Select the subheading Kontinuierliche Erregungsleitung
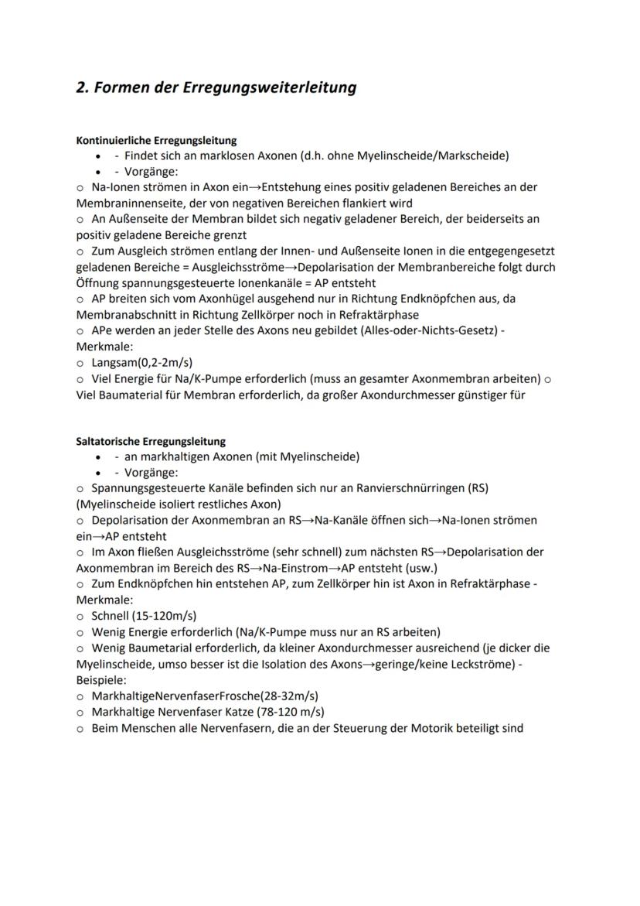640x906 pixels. point(156,141)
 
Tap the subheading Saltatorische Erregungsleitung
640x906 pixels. point(151,441)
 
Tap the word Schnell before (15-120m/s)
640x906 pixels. point(111,617)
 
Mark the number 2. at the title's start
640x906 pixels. point(83,87)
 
